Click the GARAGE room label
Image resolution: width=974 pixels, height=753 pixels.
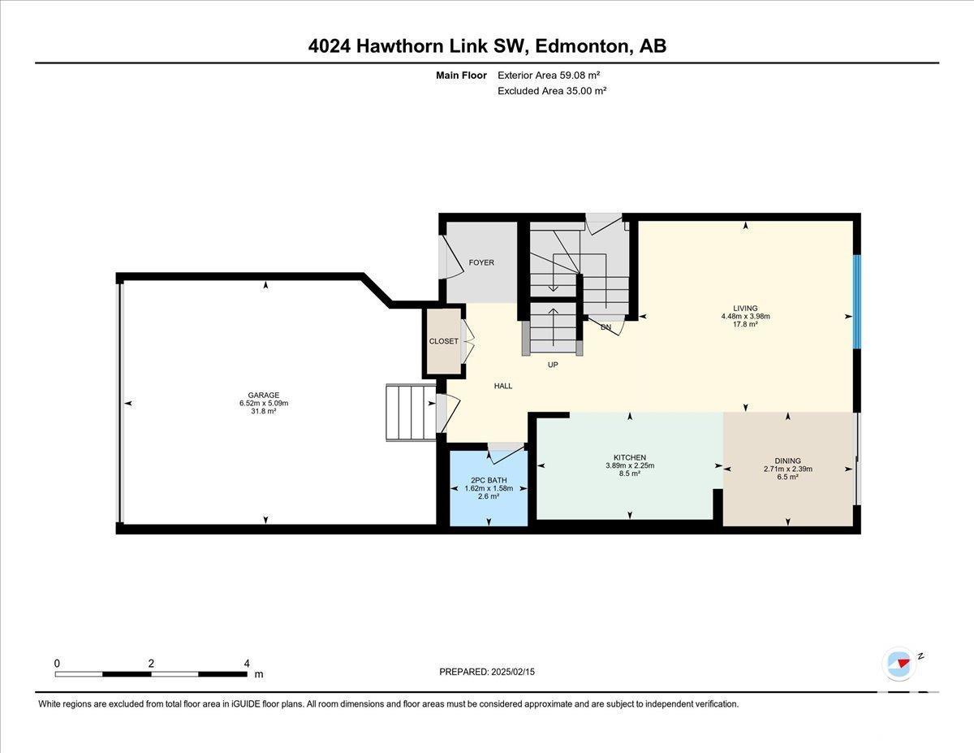coord(264,395)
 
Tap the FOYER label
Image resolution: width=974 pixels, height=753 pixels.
coord(481,262)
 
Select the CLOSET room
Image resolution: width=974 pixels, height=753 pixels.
coord(444,341)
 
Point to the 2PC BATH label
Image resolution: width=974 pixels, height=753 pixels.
coord(489,480)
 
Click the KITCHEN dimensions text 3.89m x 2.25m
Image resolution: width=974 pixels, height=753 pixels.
coord(630,465)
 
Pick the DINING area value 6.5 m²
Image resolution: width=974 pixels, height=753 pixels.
coord(788,477)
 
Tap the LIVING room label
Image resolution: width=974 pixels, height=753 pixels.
coord(745,308)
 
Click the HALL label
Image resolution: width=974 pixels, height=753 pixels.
coord(503,386)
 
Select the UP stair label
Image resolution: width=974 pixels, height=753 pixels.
coord(553,365)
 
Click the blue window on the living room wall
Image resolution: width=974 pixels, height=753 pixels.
coord(856,301)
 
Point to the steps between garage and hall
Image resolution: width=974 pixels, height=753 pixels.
coord(411,413)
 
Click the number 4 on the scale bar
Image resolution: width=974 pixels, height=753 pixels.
coord(247,664)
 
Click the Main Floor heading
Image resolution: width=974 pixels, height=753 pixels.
coord(461,75)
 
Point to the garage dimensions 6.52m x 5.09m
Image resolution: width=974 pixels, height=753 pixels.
coord(264,403)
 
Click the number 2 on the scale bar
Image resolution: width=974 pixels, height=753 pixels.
coord(151,664)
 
